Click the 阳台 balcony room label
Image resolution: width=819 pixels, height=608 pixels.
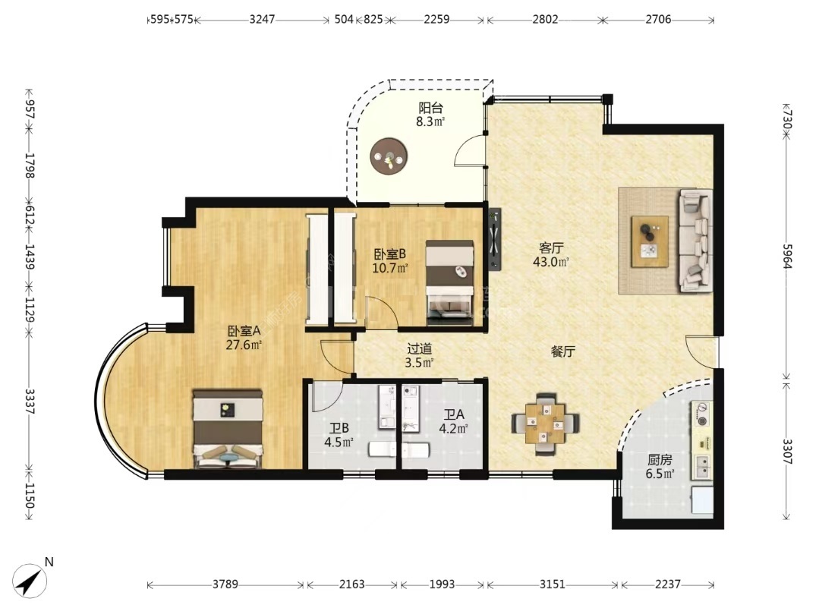pos(430,108)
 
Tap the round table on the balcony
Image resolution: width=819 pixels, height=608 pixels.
pos(389,156)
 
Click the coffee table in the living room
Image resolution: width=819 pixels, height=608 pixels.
pos(649,241)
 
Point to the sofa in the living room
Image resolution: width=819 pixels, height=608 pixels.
pos(695,241)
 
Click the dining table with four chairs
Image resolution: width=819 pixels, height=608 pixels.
pos(545,422)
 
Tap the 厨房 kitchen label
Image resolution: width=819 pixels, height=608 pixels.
pos(660,460)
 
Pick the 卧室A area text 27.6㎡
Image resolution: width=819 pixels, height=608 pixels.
pos(244,345)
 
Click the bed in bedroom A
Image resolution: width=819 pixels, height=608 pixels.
pos(227,428)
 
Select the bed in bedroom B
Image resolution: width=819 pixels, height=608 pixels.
pos(449,282)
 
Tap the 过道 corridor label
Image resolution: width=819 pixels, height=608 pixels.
pos(419,348)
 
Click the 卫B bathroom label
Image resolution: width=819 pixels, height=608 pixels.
pos(339,429)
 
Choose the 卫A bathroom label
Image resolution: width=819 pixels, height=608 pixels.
pos(453,415)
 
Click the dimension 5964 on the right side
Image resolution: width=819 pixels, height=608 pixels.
pos(787,256)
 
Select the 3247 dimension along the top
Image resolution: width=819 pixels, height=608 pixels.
pos(262,20)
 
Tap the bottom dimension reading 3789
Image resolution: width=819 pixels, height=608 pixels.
pos(225,584)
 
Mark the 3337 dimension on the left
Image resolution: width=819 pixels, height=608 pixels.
pos(30,401)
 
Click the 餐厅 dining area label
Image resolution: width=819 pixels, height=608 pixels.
pos(563,351)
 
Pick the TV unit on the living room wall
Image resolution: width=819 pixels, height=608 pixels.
pos(494,240)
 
